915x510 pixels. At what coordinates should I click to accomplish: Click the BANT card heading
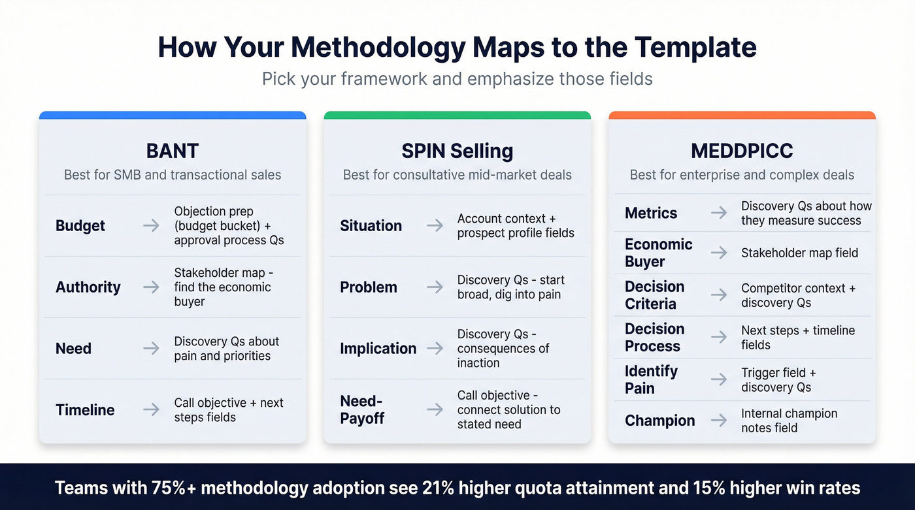[173, 151]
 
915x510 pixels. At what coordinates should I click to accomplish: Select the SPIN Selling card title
[457, 151]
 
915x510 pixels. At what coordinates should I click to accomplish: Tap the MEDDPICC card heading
[742, 151]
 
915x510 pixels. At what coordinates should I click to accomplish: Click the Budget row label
[80, 226]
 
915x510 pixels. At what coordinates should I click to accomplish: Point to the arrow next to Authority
[151, 287]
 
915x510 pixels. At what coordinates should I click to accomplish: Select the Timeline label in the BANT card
[85, 410]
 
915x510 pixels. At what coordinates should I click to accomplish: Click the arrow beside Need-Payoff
[435, 409]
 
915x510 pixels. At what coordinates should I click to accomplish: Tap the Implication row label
[378, 349]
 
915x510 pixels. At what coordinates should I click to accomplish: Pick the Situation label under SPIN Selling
[371, 226]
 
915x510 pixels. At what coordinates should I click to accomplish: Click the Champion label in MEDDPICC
[659, 421]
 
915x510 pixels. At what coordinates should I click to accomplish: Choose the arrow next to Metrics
[719, 213]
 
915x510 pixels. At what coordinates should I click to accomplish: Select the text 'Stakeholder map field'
[799, 253]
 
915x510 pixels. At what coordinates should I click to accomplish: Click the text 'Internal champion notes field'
[789, 421]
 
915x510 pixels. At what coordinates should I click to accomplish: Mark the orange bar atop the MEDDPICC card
[742, 116]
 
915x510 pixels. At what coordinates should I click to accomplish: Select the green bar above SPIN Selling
[457, 116]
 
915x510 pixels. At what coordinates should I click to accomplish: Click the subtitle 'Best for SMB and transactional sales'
[173, 175]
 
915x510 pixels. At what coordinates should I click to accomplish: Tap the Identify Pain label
[651, 379]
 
